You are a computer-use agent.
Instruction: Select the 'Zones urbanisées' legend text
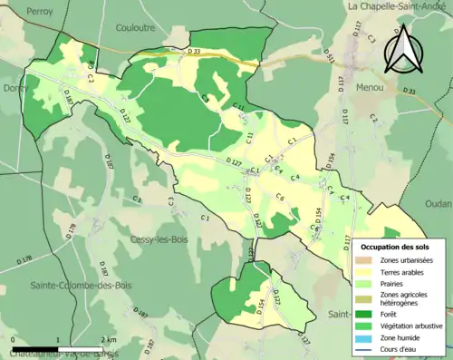point(406,259)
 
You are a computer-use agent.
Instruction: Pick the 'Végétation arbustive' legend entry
point(411,326)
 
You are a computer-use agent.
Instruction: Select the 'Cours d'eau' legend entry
point(400,348)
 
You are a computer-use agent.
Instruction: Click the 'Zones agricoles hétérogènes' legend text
point(404,298)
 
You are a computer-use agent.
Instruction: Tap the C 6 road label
point(281,198)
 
